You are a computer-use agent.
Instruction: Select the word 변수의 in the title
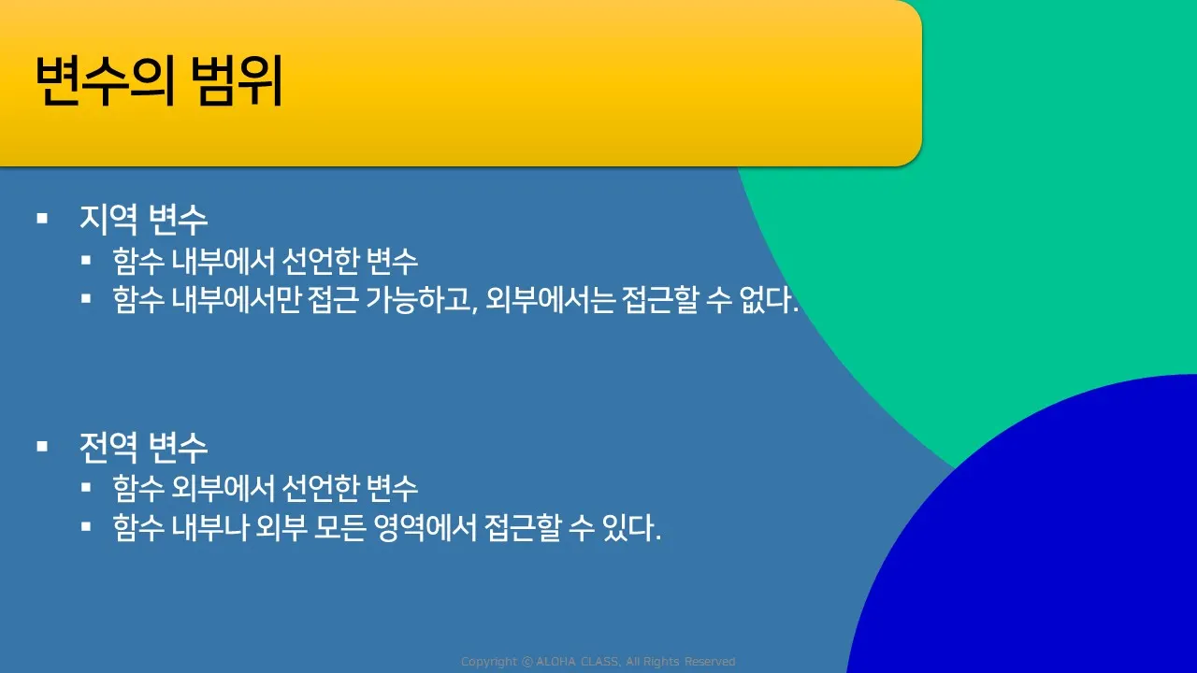pyautogui.click(x=106, y=80)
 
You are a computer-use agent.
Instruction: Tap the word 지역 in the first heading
pyautogui.click(x=108, y=219)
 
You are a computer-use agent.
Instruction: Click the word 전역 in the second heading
pyautogui.click(x=108, y=447)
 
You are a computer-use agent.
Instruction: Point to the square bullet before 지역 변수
pyautogui.click(x=42, y=218)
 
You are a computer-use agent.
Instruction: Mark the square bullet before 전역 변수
pyautogui.click(x=42, y=446)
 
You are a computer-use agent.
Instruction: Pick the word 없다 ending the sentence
pyautogui.click(x=766, y=300)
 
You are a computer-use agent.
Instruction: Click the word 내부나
pyautogui.click(x=210, y=528)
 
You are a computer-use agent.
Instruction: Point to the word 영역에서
pyautogui.click(x=425, y=528)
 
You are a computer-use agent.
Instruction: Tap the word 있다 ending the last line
pyautogui.click(x=628, y=528)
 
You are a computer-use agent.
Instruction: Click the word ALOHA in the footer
pyautogui.click(x=555, y=662)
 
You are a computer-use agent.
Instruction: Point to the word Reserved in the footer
pyautogui.click(x=710, y=662)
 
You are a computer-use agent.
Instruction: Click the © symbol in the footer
pyautogui.click(x=526, y=662)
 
